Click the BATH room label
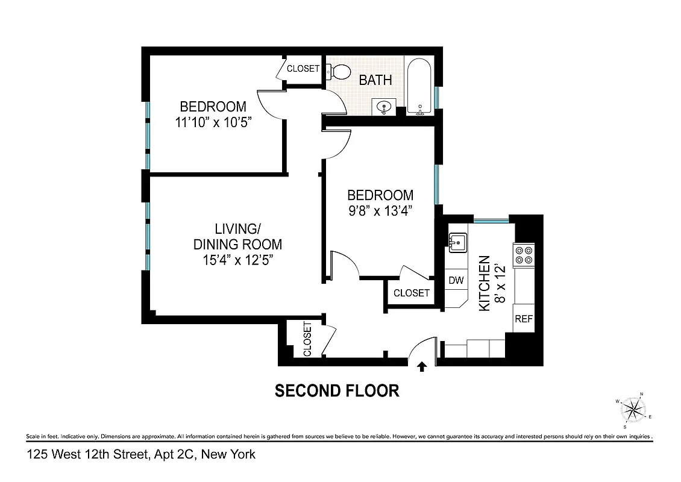(x=375, y=80)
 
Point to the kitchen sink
(x=457, y=242)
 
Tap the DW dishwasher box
(x=456, y=280)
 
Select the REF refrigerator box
(x=523, y=319)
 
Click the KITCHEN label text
(x=483, y=283)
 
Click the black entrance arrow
(x=422, y=365)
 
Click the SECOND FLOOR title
(x=337, y=391)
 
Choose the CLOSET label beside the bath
(x=303, y=69)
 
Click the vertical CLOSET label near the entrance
(x=307, y=339)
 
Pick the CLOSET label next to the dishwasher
(x=411, y=293)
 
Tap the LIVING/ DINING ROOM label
(x=237, y=237)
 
